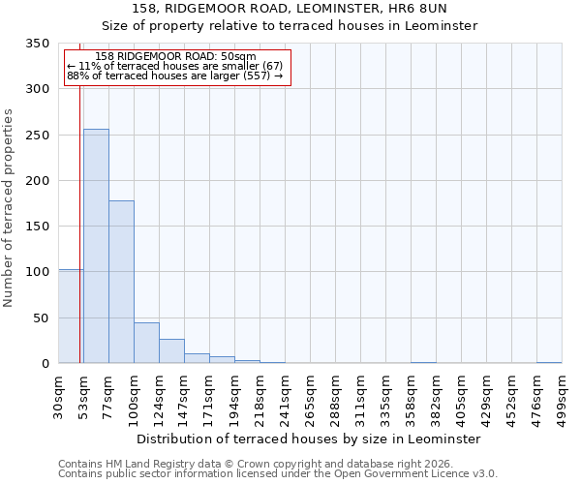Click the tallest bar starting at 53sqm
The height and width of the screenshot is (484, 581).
click(96, 246)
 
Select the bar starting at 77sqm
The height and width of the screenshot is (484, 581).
click(121, 282)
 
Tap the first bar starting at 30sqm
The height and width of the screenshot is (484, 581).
click(71, 317)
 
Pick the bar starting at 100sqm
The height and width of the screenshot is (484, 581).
click(146, 343)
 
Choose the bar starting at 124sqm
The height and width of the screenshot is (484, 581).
click(171, 351)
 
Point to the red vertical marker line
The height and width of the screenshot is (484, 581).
click(79, 213)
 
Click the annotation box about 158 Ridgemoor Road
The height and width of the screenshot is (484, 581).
click(176, 67)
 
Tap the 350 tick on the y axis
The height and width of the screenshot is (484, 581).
click(38, 44)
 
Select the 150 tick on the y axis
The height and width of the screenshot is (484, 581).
click(38, 227)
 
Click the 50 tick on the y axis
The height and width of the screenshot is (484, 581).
click(42, 318)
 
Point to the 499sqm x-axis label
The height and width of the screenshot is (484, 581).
click(562, 396)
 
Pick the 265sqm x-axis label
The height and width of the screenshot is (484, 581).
click(310, 396)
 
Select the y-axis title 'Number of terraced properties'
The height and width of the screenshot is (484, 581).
click(9, 208)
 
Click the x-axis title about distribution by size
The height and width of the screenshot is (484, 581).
click(309, 439)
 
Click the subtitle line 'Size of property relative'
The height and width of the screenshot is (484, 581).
click(290, 26)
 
